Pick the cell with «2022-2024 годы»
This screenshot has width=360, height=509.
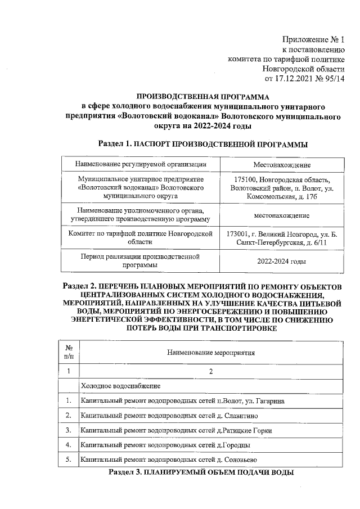(282, 262)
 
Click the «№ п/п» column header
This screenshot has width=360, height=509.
(68, 353)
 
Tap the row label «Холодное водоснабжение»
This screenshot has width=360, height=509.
(121, 386)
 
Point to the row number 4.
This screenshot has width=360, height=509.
(68, 445)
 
